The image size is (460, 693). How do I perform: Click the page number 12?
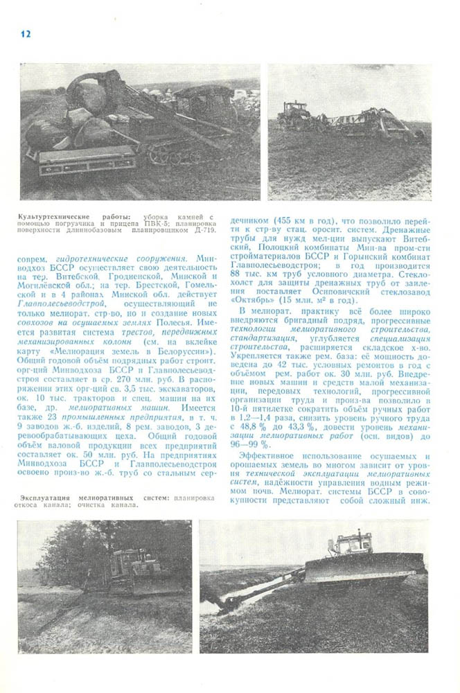coord(26,34)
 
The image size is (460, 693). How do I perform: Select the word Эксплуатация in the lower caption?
coord(49,497)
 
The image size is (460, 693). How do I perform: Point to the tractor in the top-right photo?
coord(294,114)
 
